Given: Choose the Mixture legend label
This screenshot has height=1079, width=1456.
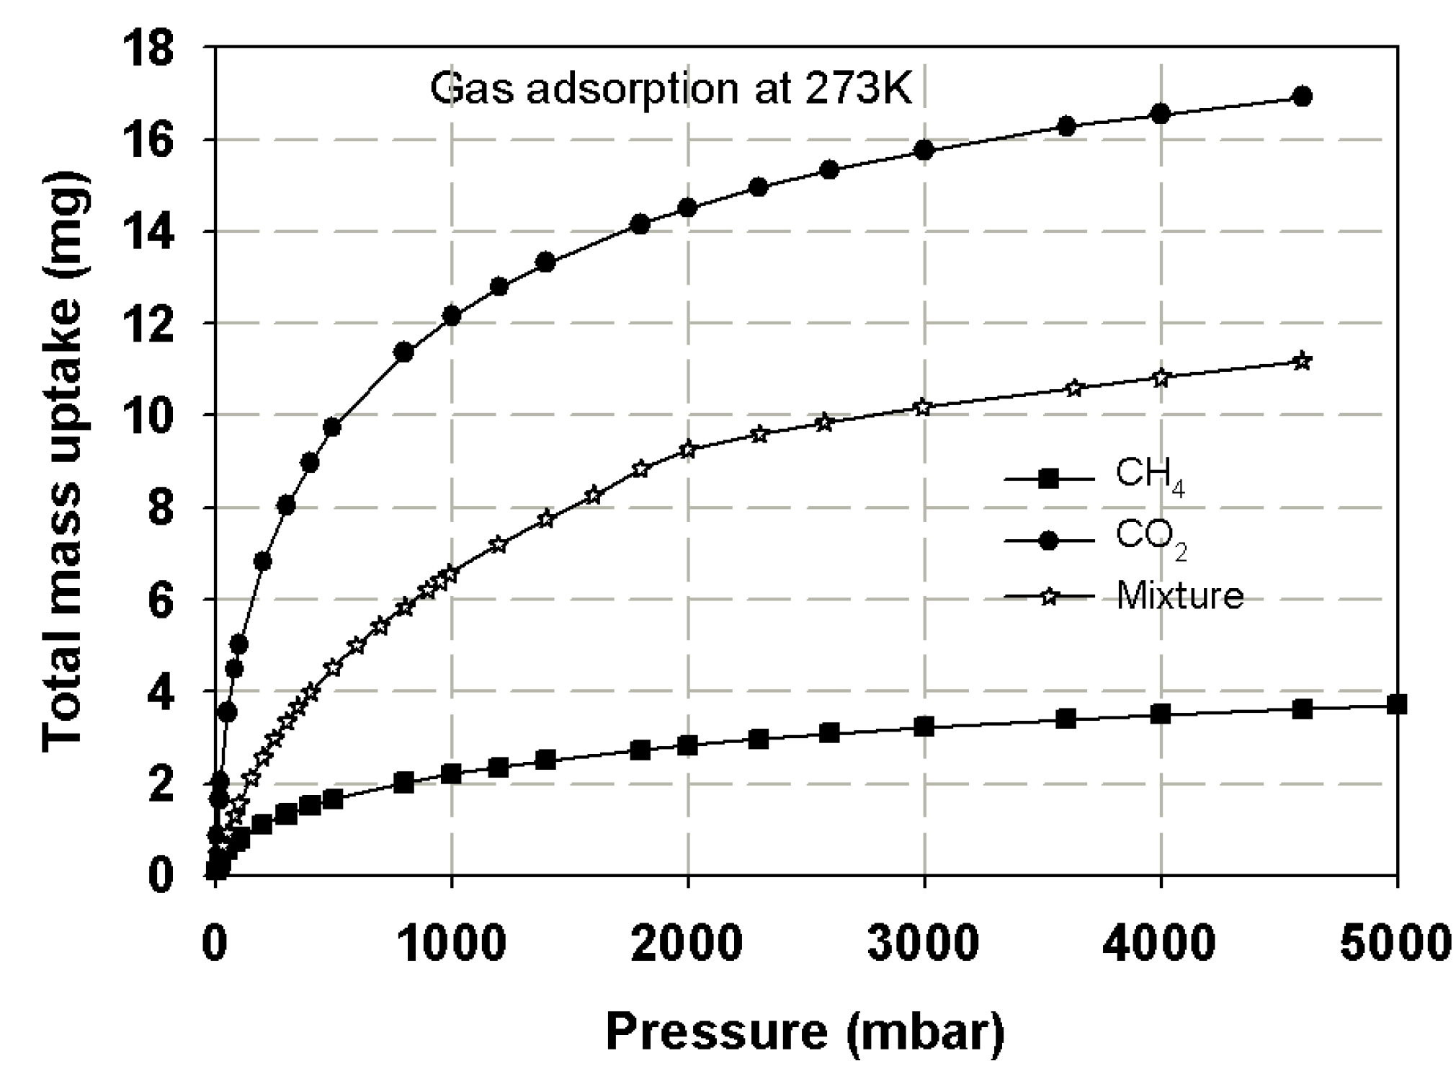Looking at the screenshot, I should [x=1179, y=597].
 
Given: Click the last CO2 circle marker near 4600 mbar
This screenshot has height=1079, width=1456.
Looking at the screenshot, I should [x=1302, y=97].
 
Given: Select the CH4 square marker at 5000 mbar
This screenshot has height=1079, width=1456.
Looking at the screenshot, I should [x=1396, y=704].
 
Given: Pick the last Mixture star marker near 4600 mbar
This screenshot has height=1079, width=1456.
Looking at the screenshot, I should [x=1302, y=361].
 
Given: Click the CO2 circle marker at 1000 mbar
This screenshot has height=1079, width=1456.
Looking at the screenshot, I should [x=452, y=316].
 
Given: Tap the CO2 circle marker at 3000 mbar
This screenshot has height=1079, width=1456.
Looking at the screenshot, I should [x=924, y=150].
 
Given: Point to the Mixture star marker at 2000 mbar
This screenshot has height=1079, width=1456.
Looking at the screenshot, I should [x=688, y=450].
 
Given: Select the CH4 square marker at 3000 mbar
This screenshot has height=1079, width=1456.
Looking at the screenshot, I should [x=924, y=727].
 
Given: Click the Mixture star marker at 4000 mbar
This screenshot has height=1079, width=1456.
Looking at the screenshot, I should [x=1161, y=378].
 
